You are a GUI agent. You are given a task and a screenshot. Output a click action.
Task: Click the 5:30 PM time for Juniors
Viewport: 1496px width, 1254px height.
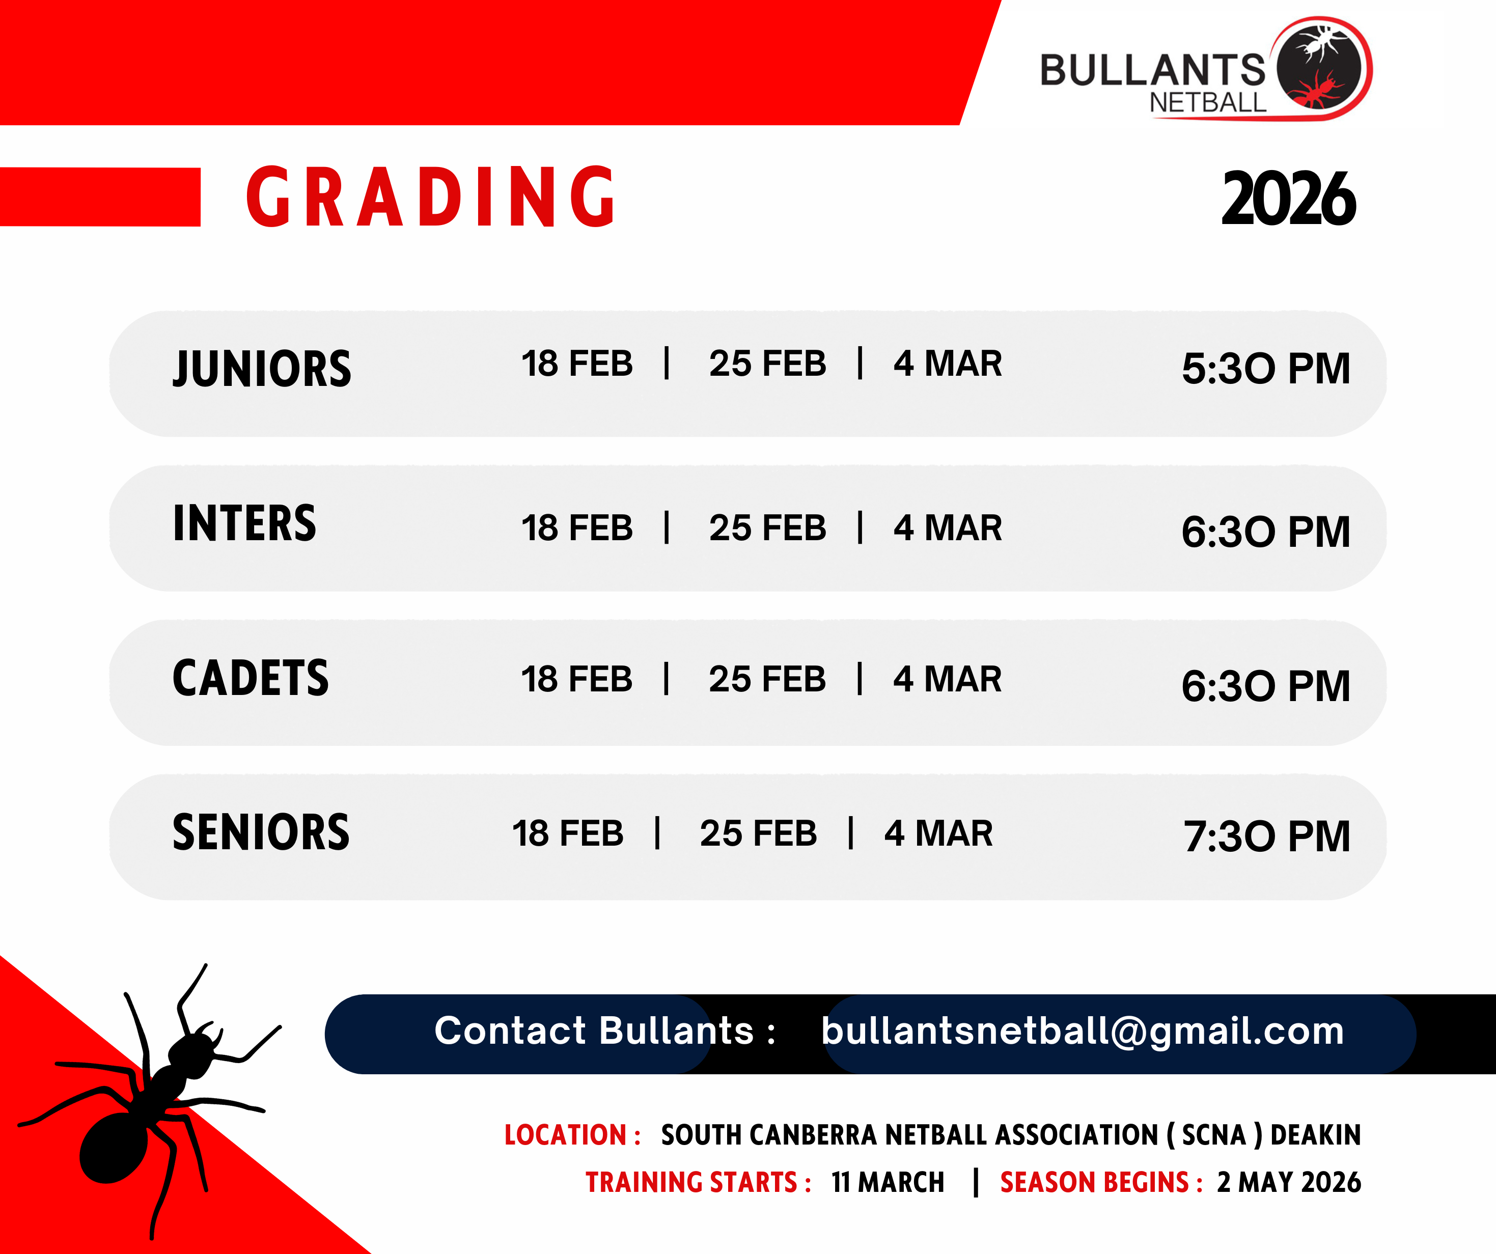1266,369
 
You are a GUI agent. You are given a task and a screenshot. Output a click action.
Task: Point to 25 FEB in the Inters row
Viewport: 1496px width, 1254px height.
767,528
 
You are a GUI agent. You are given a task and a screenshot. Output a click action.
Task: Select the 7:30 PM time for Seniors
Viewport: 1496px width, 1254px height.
1267,836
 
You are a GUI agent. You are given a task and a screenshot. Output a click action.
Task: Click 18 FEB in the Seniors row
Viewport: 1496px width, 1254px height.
568,833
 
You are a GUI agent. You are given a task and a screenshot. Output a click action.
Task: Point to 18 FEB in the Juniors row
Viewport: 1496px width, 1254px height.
577,364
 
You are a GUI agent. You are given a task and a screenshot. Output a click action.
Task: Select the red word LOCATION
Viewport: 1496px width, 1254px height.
565,1135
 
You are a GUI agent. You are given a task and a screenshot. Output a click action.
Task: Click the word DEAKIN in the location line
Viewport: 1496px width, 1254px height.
1316,1135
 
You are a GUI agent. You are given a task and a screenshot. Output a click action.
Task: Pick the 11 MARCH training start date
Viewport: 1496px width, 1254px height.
888,1182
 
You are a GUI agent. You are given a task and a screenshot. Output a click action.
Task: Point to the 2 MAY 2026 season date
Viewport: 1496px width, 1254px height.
1289,1182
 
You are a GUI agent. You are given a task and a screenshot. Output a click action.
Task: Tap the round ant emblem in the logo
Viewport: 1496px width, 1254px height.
1320,68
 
